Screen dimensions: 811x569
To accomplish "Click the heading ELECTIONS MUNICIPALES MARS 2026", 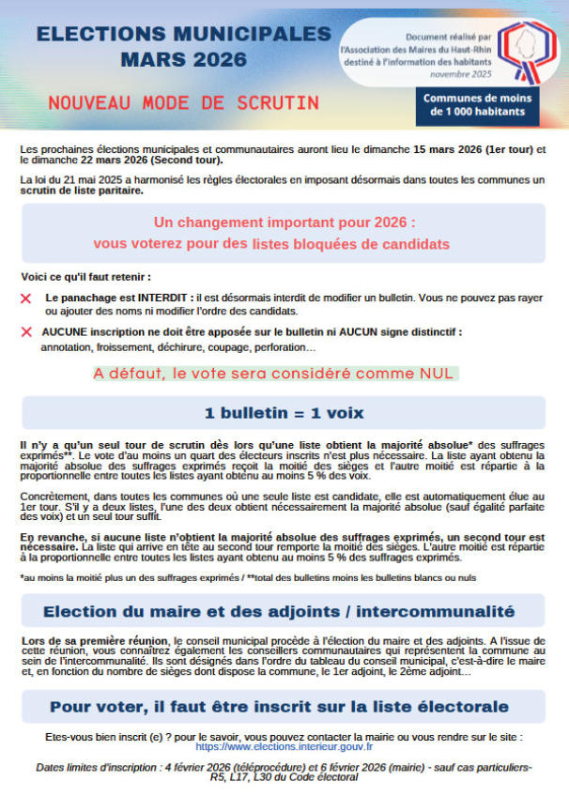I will [x=183, y=46].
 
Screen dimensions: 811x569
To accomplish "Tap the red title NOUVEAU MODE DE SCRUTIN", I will [x=184, y=100].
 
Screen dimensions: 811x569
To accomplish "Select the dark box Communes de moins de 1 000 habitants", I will [x=477, y=105].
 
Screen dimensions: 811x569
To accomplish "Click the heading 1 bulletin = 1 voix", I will [x=284, y=413].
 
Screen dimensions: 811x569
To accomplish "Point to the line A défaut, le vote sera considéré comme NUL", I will [x=273, y=374].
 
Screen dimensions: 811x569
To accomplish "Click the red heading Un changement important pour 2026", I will [x=284, y=223].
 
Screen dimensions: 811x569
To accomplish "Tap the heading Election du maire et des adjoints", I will [x=279, y=612].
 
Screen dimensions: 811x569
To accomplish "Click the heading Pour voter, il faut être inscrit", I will [x=279, y=706].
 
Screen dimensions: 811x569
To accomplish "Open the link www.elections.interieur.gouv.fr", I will [x=284, y=747].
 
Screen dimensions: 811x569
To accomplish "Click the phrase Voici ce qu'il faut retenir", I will [x=85, y=277].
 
